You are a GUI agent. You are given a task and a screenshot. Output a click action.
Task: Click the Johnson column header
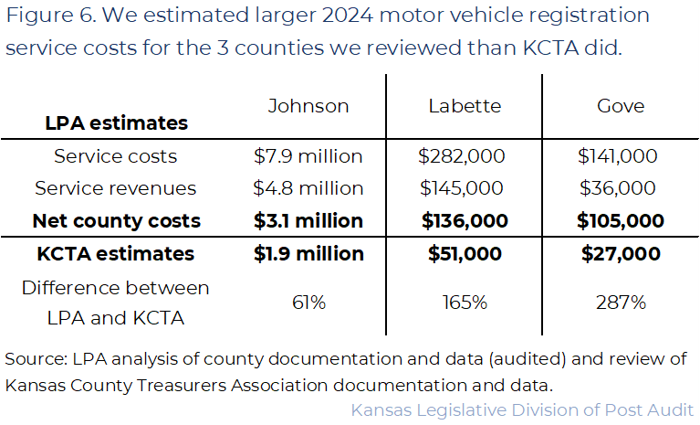point(308,106)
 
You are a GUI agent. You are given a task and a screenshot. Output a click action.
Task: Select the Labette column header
point(465,106)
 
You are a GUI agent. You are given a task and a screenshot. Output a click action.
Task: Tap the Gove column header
point(621,106)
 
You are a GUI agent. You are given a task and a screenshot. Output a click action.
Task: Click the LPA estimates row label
point(116,122)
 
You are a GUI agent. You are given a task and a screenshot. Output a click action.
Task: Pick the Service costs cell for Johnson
point(308,156)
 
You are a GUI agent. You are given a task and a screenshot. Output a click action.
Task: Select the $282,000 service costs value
point(465,156)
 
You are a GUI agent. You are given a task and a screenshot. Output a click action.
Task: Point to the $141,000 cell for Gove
point(621,156)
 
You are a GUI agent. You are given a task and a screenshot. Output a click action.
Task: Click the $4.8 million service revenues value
point(308,188)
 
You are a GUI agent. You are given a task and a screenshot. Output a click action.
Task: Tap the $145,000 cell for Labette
point(465,188)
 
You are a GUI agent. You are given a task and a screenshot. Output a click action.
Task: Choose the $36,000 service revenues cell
point(621,188)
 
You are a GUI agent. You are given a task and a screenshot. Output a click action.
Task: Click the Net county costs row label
point(116,220)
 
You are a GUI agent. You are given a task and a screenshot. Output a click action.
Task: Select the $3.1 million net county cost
point(308,220)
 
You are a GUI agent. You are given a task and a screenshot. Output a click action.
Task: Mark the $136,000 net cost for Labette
point(465,220)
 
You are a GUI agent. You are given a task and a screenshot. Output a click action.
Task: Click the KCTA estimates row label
point(116,253)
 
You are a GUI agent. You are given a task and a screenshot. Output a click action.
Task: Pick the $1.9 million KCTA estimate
point(308,253)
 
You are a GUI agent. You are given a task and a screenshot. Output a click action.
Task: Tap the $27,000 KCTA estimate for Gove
point(621,253)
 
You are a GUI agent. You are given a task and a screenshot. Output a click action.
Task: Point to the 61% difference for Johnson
point(308,303)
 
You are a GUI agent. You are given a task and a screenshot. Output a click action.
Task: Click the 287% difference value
point(621,303)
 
